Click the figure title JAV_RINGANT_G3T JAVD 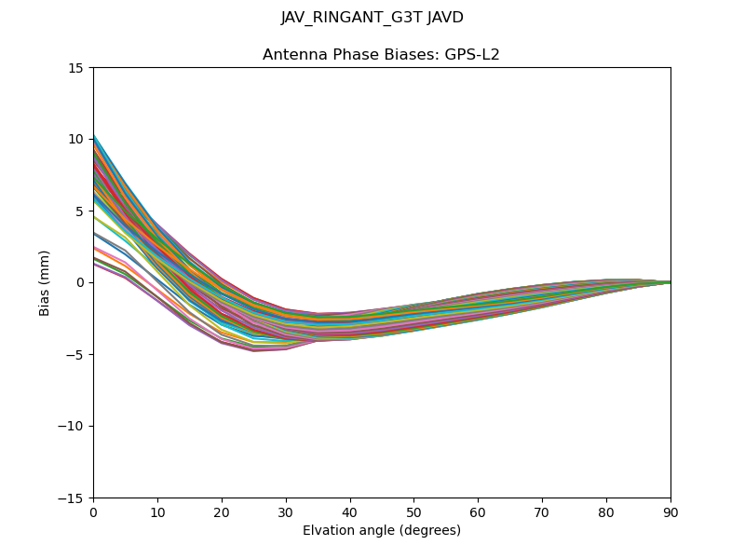coord(372,18)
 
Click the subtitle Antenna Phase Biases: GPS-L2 coord(381,55)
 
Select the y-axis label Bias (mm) coord(45,282)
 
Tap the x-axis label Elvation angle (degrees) coord(381,531)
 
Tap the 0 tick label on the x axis coord(93,512)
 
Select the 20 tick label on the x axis coord(222,512)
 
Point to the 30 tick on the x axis coord(286,512)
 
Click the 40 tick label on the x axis coord(350,512)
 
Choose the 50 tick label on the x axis coord(413,512)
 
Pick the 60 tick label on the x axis coord(478,512)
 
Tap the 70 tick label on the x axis coord(542,512)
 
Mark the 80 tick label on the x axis coord(606,512)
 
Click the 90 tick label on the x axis coord(670,512)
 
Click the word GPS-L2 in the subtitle coord(473,55)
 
